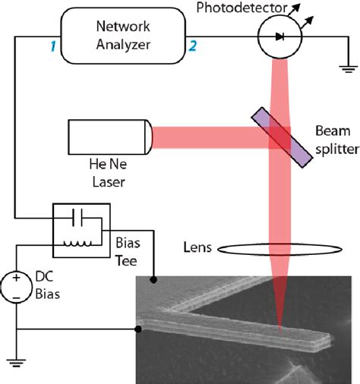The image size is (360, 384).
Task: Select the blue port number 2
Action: (x=193, y=47)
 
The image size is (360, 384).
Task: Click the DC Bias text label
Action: (x=50, y=287)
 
